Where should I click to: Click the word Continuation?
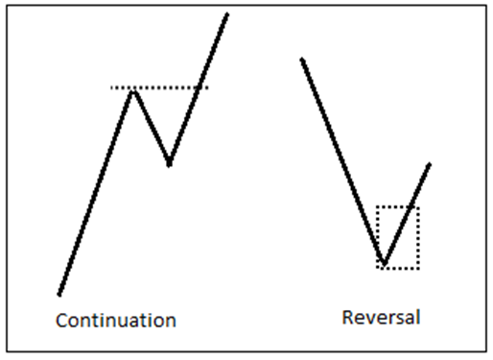(x=115, y=320)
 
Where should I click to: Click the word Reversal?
(x=381, y=317)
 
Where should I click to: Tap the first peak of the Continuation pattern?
(x=133, y=89)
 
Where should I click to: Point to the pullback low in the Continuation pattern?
(x=169, y=164)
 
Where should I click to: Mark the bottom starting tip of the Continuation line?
(x=59, y=294)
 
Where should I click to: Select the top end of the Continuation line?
(x=227, y=13)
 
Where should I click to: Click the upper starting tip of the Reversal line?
(x=302, y=60)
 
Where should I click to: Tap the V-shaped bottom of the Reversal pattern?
(x=384, y=263)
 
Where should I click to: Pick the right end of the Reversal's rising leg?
(x=430, y=164)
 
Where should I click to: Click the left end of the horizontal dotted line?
(x=111, y=88)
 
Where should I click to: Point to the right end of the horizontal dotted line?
(x=207, y=88)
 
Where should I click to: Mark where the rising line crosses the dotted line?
(x=199, y=88)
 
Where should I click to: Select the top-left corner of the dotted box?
(x=377, y=206)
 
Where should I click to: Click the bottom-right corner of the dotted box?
(x=418, y=268)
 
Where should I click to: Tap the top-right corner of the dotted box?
(x=418, y=206)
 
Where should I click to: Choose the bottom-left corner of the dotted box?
(x=377, y=268)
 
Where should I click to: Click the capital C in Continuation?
(x=61, y=320)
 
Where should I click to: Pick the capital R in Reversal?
(x=347, y=317)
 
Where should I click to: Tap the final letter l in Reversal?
(x=417, y=316)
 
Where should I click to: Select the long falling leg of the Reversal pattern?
(x=342, y=160)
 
